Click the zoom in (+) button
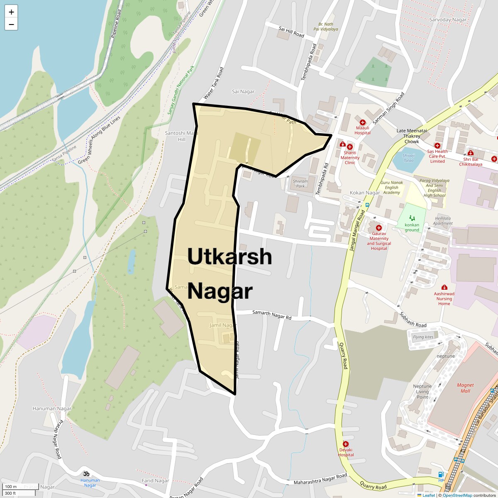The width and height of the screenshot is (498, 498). tap(11, 12)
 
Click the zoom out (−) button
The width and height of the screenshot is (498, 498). tap(11, 24)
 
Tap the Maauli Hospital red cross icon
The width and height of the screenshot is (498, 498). tap(362, 122)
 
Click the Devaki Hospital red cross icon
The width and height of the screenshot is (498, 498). tap(345, 444)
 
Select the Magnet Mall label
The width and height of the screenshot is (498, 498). tap(465, 388)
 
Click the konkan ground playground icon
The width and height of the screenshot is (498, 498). tap(412, 218)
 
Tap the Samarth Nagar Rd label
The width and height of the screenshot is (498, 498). tap(272, 315)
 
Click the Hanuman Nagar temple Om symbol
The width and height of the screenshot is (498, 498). tap(86, 473)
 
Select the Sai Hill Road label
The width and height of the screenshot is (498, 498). tap(291, 32)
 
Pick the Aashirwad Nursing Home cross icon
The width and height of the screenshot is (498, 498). tap(444, 288)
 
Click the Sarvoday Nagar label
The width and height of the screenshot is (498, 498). tap(448, 20)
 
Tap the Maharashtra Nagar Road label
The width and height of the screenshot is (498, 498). tap(320, 479)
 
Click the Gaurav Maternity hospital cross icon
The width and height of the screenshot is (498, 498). tap(378, 228)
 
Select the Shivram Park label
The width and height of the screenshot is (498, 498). tap(300, 183)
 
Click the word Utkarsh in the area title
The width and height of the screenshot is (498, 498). tap(229, 256)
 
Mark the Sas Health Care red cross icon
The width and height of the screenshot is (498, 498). tap(437, 146)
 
